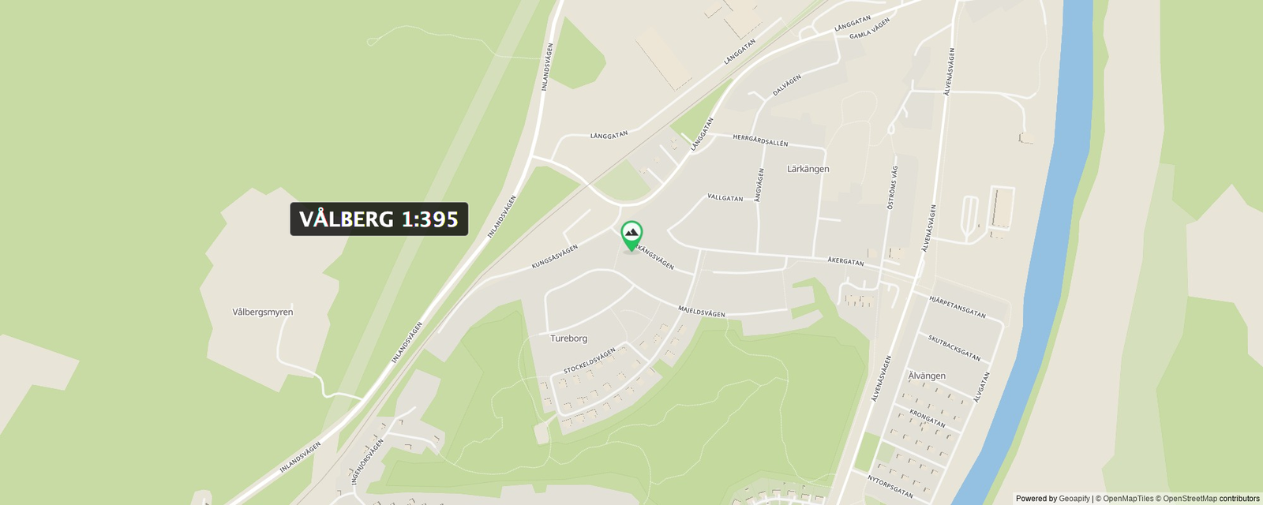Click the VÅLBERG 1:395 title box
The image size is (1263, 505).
[x=379, y=219]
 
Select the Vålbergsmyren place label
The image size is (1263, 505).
[x=262, y=312]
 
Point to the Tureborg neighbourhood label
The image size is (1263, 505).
[x=568, y=339]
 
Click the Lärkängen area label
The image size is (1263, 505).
[x=808, y=169]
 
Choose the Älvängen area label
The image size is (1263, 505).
[x=927, y=376]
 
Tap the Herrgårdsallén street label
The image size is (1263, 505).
[x=760, y=140]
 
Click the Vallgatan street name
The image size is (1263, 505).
[x=725, y=197]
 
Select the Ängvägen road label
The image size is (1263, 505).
[x=759, y=185]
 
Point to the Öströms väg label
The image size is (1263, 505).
[x=892, y=187]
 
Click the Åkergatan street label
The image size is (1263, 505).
[x=845, y=260]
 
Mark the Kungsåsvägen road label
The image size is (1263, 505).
[x=554, y=256]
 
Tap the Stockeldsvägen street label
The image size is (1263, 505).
[x=589, y=361]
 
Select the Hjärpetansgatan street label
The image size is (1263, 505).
[x=957, y=307]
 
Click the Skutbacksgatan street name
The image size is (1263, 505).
[x=954, y=348]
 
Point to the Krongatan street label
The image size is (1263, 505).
[x=927, y=417]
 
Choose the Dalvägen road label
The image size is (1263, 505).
[x=786, y=85]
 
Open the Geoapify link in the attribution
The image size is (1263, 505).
[x=1074, y=499]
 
